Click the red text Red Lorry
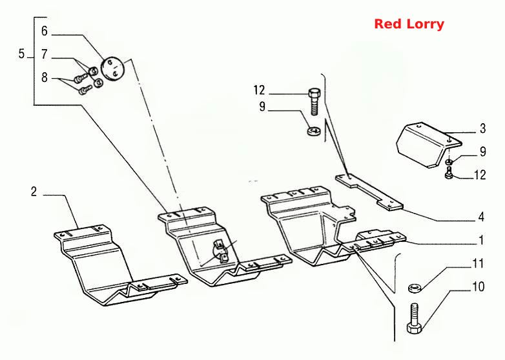pyautogui.click(x=409, y=24)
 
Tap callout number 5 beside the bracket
pyautogui.click(x=21, y=54)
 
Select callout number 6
pyautogui.click(x=45, y=31)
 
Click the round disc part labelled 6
pyautogui.click(x=112, y=68)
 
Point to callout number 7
pyautogui.click(x=45, y=54)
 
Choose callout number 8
pyautogui.click(x=45, y=77)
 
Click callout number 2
pyautogui.click(x=34, y=192)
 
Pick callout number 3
pyautogui.click(x=482, y=128)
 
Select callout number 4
pyautogui.click(x=481, y=217)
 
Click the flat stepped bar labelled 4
pyautogui.click(x=369, y=192)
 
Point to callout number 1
pyautogui.click(x=481, y=240)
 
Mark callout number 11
pyautogui.click(x=478, y=263)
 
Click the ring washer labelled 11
pyautogui.click(x=415, y=288)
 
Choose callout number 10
pyautogui.click(x=479, y=286)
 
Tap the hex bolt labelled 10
pyautogui.click(x=414, y=319)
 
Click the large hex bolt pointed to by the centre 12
pyautogui.click(x=314, y=102)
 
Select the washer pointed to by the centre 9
pyautogui.click(x=313, y=131)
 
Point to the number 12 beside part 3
pyautogui.click(x=480, y=175)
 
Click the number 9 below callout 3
pyautogui.click(x=483, y=152)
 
